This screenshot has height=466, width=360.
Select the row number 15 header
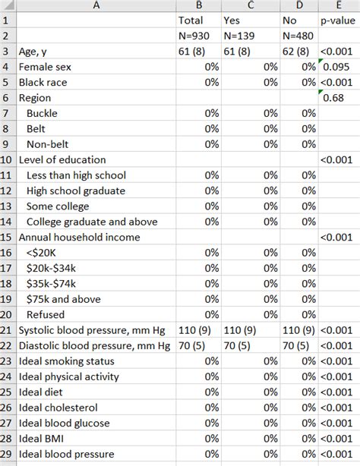click(8, 237)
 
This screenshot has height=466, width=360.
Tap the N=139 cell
click(242, 36)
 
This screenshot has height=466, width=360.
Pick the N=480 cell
click(298, 36)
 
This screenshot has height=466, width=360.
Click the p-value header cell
click(338, 20)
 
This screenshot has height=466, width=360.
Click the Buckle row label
click(42, 113)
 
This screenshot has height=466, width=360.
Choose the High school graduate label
click(75, 190)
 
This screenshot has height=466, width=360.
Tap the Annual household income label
click(77, 237)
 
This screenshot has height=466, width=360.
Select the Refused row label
click(45, 314)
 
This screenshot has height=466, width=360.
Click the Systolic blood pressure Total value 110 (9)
click(197, 330)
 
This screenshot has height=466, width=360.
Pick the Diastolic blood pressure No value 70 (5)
click(297, 345)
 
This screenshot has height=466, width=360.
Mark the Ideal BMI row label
click(47, 439)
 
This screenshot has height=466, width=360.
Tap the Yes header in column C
click(232, 20)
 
